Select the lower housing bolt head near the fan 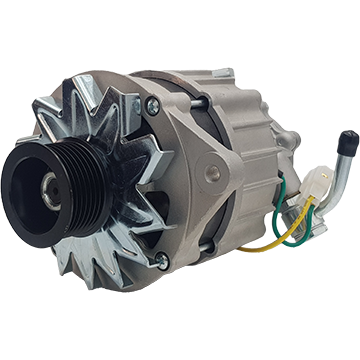[x=161, y=261]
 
